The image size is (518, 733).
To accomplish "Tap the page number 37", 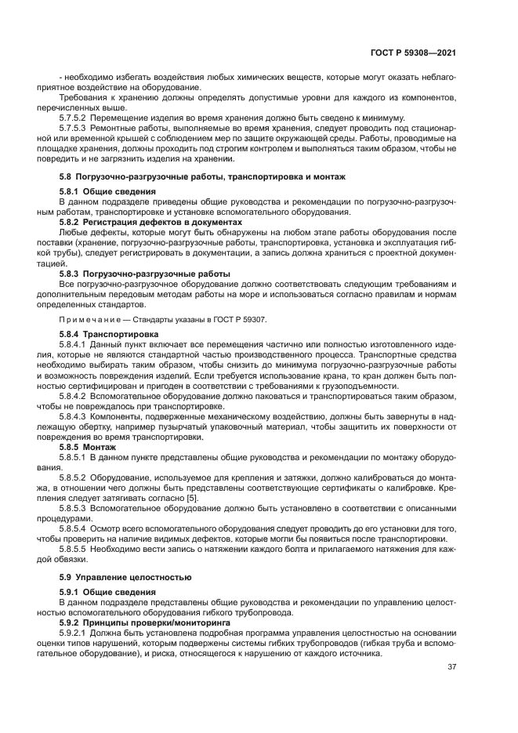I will pyautogui.click(x=452, y=667).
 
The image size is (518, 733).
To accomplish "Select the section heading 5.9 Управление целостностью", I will pyautogui.click(x=125, y=576).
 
